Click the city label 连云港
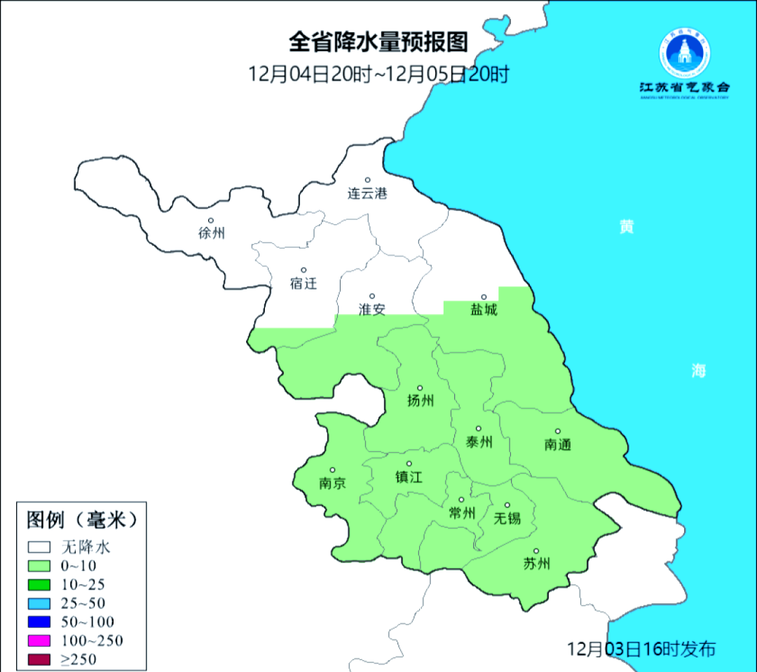point(367,193)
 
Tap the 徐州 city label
point(211,233)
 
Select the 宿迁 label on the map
point(304,283)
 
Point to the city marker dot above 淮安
point(372,296)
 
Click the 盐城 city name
point(483,310)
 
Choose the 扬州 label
point(421,401)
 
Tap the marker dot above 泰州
point(479,428)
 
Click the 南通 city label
point(558,444)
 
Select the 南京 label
point(332,484)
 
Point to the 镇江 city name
point(409,477)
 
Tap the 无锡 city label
point(507,518)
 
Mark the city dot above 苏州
point(536,551)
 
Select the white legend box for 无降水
point(40,547)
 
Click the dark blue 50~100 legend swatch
point(40,622)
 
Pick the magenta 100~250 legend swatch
point(40,640)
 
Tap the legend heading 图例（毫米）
point(79,519)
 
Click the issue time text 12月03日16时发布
point(641,648)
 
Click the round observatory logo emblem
point(683,53)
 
